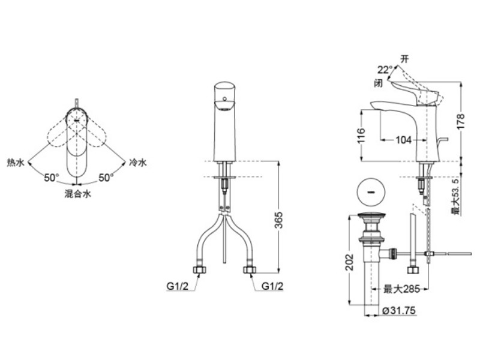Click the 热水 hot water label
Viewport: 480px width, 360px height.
point(16,163)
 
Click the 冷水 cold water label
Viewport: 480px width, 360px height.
point(138,162)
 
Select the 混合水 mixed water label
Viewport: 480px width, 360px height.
point(78,194)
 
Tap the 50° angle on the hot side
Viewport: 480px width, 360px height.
point(52,178)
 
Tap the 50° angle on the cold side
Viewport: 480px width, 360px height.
point(106,178)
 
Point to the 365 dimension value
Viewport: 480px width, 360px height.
point(278,220)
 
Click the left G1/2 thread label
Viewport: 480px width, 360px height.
point(178,286)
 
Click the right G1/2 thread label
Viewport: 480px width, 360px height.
point(272,286)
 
